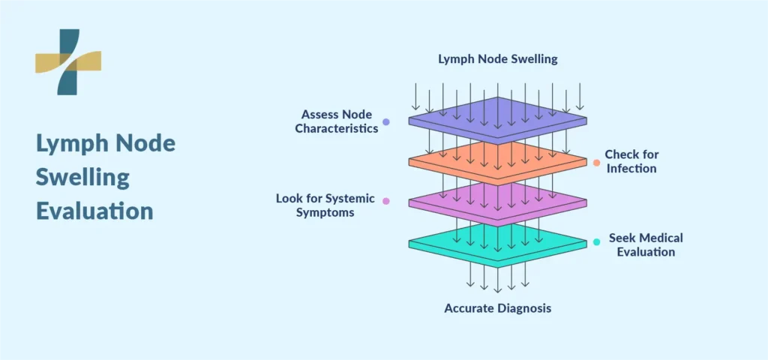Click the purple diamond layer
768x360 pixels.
coord(498,121)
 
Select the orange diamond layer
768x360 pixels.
coord(498,162)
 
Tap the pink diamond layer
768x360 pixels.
coord(498,202)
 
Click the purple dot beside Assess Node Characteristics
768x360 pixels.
coord(386,122)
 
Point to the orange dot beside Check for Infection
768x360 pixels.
coord(596,163)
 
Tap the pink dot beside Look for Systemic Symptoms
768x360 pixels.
coord(386,201)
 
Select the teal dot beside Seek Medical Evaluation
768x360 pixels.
coord(596,242)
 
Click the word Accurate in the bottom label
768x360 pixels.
coord(469,308)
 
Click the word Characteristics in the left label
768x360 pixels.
coord(337,129)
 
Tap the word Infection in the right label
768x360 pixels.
coord(630,169)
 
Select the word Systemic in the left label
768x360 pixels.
coord(352,199)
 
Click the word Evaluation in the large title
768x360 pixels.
coord(94,211)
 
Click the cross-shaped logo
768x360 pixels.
coord(68,61)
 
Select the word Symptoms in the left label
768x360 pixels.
coord(325,213)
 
